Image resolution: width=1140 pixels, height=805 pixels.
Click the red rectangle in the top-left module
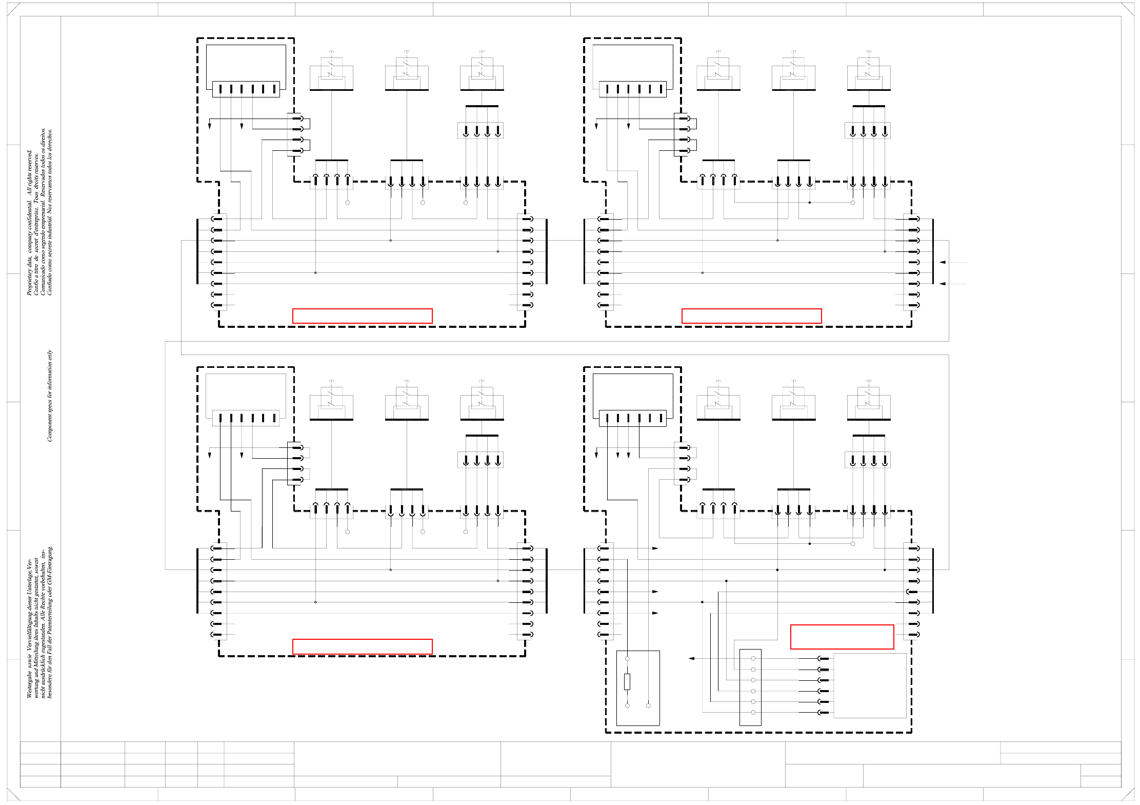(x=362, y=316)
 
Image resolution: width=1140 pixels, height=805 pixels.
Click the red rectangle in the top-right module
(x=751, y=316)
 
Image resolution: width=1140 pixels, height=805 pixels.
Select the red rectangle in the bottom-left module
(x=362, y=646)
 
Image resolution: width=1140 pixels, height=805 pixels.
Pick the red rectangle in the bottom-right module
(x=842, y=637)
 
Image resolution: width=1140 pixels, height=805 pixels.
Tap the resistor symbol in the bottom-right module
(x=627, y=682)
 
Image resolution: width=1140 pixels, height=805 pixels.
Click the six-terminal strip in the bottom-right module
(x=750, y=687)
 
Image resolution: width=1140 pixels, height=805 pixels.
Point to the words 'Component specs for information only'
(x=50, y=396)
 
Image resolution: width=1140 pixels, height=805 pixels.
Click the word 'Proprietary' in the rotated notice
(x=29, y=281)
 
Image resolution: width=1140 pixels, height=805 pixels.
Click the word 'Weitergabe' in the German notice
(x=29, y=684)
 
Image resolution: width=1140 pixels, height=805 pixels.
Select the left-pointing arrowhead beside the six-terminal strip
(x=691, y=658)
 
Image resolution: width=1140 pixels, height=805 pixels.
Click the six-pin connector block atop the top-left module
(x=246, y=89)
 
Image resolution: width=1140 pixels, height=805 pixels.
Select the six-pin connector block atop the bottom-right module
(x=632, y=419)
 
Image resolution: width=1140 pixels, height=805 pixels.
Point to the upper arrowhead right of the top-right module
(x=943, y=262)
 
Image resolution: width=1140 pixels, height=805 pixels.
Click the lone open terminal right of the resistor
(x=648, y=705)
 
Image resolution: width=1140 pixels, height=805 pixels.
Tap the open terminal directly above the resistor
(x=627, y=658)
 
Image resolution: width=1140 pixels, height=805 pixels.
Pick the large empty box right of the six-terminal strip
(x=870, y=685)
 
